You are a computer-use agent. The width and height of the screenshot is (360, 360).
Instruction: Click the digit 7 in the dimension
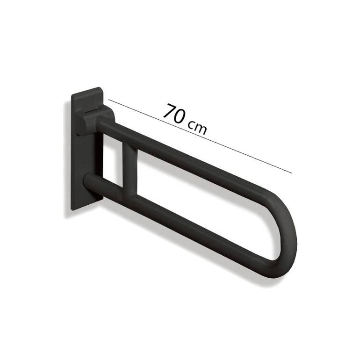click(x=169, y=111)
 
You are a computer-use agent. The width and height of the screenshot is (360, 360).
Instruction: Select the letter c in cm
click(x=192, y=125)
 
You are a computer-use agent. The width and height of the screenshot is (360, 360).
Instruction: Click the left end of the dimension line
click(x=108, y=100)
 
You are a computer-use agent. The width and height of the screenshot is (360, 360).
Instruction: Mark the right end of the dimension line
click(x=292, y=173)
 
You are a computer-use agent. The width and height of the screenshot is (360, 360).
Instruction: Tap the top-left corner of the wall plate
click(x=72, y=94)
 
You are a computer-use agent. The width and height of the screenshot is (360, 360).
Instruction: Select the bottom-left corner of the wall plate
click(x=72, y=210)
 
